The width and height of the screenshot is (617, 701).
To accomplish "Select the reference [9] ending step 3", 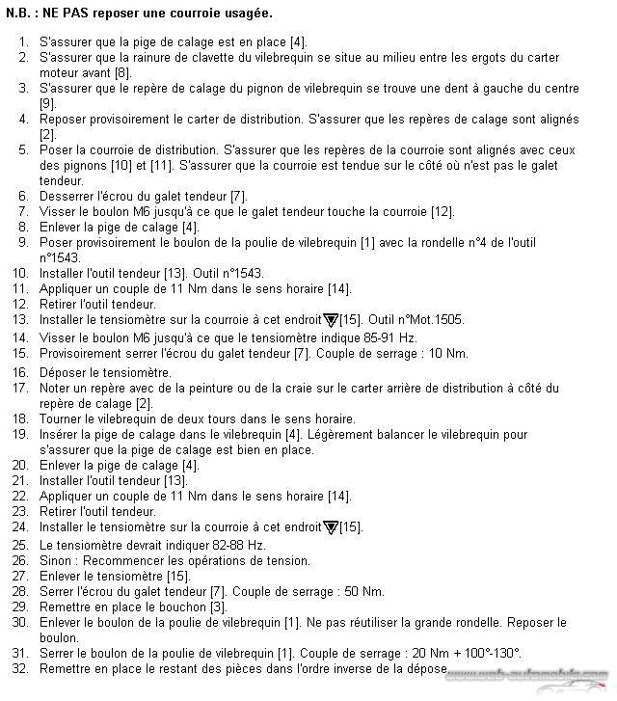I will (47, 104).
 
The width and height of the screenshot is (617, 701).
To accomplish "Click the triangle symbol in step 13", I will (331, 319).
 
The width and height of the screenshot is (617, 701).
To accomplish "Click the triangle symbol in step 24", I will (331, 527).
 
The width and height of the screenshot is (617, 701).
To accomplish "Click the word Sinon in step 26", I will (56, 560).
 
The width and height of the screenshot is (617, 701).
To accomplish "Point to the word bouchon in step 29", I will (183, 607).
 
